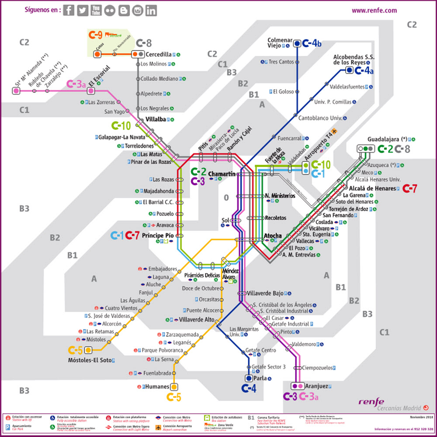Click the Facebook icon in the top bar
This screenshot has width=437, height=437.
[69, 10]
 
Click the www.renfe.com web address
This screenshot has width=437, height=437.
[374, 10]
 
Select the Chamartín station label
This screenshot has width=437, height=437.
[222, 174]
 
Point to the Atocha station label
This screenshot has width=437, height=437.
[273, 236]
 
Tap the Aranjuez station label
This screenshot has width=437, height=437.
[316, 386]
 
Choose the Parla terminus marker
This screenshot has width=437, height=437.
[249, 378]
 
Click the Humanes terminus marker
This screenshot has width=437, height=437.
[174, 387]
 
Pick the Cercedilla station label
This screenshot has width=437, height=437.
[158, 55]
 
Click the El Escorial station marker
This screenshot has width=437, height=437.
[90, 91]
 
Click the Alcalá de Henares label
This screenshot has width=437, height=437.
[372, 188]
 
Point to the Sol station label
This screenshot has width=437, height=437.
[225, 220]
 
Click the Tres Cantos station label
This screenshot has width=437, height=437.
[281, 62]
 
